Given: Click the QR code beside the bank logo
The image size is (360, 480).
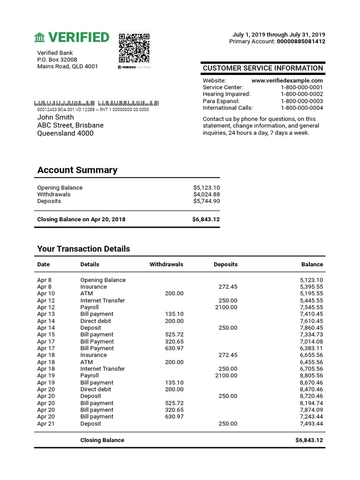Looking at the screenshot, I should click(x=134, y=48).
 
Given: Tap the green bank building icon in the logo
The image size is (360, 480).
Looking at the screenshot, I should click(x=40, y=37).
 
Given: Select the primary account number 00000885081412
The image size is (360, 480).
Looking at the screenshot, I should click(x=301, y=41).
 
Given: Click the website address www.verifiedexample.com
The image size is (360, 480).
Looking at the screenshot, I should click(x=287, y=81).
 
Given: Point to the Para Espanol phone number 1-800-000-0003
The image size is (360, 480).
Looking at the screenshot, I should click(x=301, y=101).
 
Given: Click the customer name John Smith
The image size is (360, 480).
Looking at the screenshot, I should click(x=55, y=117).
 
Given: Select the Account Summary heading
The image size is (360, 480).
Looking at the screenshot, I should click(x=77, y=170).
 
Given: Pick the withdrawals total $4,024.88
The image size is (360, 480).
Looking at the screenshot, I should click(x=206, y=195).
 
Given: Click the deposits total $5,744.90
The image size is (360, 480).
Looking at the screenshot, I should click(x=206, y=201).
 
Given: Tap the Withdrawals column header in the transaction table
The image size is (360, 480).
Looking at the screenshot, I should click(x=166, y=264).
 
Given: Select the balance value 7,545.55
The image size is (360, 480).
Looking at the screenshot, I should click(x=311, y=307).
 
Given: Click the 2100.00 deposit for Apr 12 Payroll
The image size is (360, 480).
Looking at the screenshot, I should click(x=226, y=307).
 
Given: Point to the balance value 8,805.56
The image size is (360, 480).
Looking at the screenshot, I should click(x=311, y=375).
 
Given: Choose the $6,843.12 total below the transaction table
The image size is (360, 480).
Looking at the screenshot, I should click(x=309, y=440).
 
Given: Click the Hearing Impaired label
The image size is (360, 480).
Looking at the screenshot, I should click(x=226, y=94).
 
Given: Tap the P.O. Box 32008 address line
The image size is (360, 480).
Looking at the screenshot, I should click(x=57, y=60).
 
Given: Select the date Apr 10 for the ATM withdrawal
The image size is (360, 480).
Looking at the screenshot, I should click(x=46, y=293).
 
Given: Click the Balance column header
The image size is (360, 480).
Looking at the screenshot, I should click(x=312, y=264).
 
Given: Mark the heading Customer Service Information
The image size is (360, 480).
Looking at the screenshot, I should click(x=262, y=68).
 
